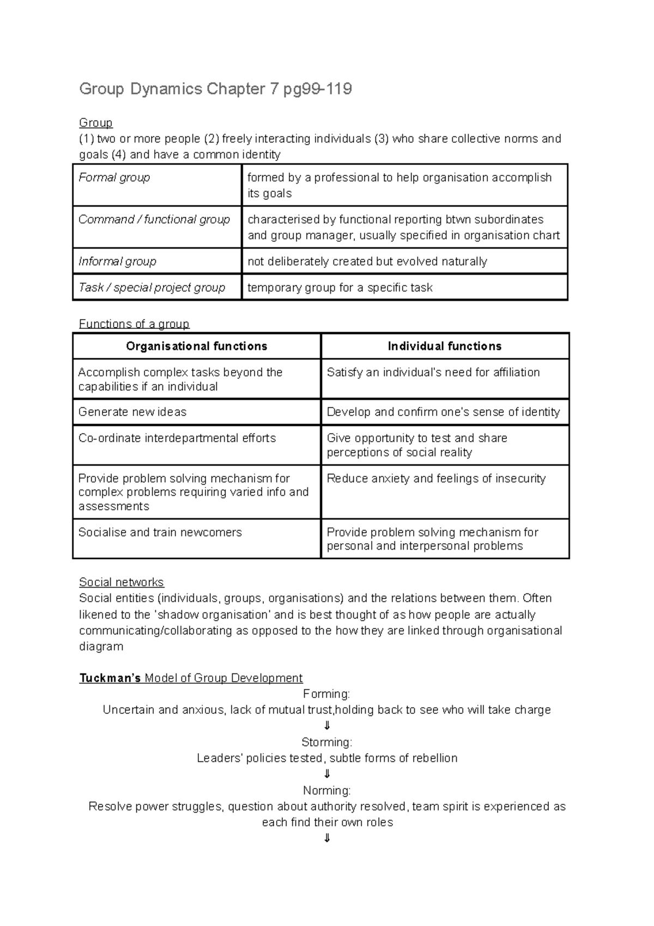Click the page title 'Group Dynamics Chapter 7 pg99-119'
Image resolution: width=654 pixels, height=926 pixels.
(x=215, y=89)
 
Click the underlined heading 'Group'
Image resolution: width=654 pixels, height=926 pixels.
(x=96, y=123)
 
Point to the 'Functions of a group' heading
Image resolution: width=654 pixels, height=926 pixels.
(x=134, y=324)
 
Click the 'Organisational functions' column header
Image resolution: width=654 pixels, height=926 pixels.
(x=196, y=346)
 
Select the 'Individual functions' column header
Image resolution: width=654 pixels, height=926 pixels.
(x=445, y=346)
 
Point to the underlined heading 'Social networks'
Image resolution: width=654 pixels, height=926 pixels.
(x=122, y=582)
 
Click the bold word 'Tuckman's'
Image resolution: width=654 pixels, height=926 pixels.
(x=110, y=678)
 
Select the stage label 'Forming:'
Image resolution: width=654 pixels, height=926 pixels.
(x=326, y=694)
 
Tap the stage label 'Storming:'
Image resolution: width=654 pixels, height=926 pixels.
(x=326, y=742)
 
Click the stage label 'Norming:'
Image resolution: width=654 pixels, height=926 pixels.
(x=326, y=791)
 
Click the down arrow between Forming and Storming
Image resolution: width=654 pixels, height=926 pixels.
(x=327, y=726)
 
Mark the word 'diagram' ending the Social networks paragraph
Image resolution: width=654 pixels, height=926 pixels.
(x=101, y=647)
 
